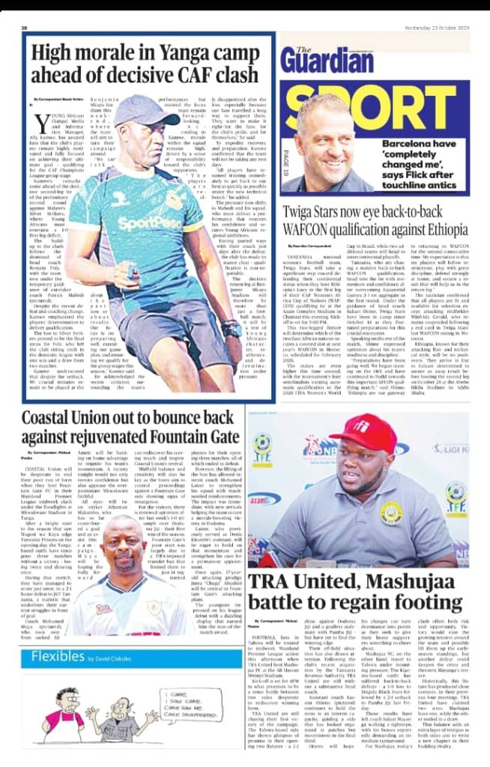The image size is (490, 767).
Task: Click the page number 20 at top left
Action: point(25,28)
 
